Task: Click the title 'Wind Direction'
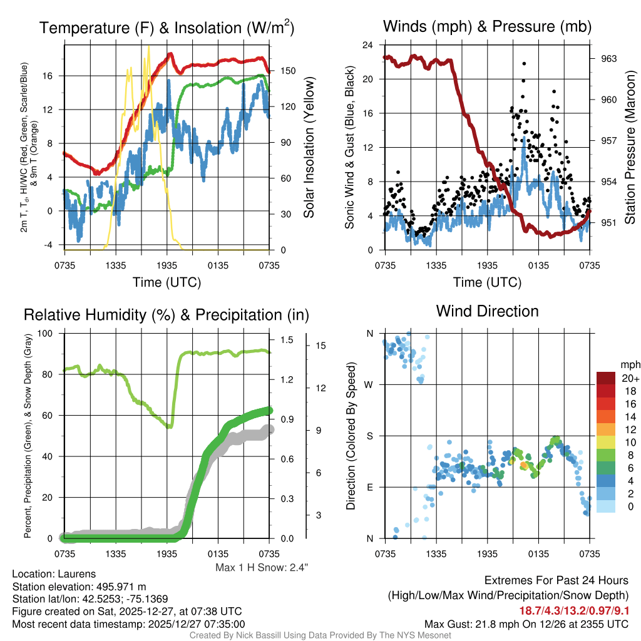487,311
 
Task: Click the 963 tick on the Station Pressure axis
609,59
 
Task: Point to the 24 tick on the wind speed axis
367,45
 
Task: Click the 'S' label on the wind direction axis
369,436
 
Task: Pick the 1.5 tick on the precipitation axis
285,340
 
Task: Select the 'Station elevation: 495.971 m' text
79,587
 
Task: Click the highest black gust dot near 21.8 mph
524,63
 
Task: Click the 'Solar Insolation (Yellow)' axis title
309,148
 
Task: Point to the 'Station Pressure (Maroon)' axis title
630,148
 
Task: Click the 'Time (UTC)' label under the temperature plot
167,282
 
